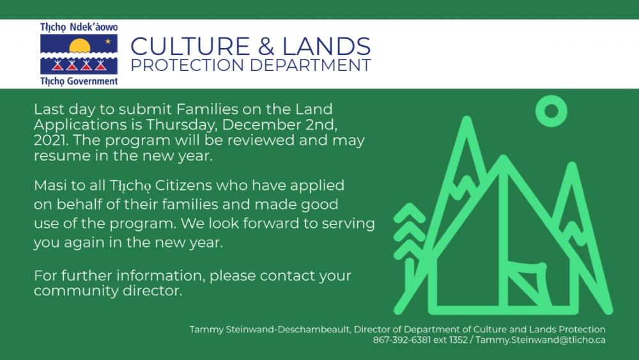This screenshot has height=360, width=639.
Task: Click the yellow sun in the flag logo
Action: pyautogui.click(x=79, y=46)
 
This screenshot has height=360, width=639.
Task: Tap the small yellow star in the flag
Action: pyautogui.click(x=108, y=41)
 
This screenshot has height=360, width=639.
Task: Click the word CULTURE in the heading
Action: pyautogui.click(x=190, y=46)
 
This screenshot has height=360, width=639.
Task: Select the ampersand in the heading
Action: pyautogui.click(x=266, y=46)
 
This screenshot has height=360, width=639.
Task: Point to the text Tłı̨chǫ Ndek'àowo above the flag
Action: pyautogui.click(x=79, y=27)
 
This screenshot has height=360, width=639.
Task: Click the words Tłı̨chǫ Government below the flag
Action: pyautogui.click(x=79, y=81)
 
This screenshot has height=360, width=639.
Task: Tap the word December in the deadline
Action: pyautogui.click(x=261, y=124)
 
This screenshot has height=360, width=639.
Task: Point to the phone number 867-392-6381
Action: pyautogui.click(x=401, y=340)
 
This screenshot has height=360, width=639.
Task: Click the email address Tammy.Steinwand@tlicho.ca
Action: pyautogui.click(x=541, y=340)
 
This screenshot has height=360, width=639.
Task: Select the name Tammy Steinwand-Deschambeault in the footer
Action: pyautogui.click(x=270, y=329)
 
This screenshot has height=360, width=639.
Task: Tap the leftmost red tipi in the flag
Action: pyautogui.click(x=58, y=65)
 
